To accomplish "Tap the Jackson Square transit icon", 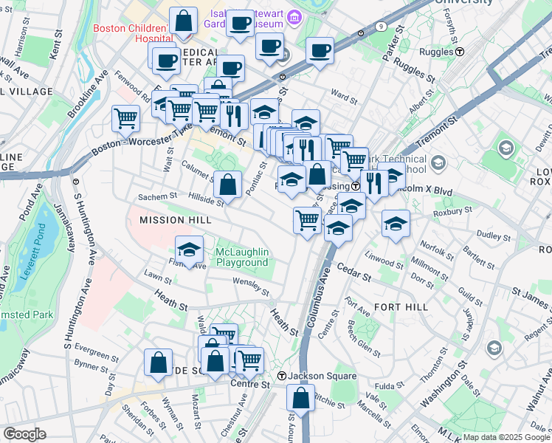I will pos(281,377).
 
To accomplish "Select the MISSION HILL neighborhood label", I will pos(170,220).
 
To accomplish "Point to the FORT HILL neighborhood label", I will pos(396,306).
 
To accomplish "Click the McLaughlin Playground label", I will pos(241,258).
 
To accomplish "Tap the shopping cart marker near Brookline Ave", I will pos(126,117).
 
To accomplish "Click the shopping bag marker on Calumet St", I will pos(230,184).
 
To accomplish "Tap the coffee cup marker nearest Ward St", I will pos(320,51).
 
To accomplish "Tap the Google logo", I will pos(24,434).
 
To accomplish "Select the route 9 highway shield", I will pos(380,26).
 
